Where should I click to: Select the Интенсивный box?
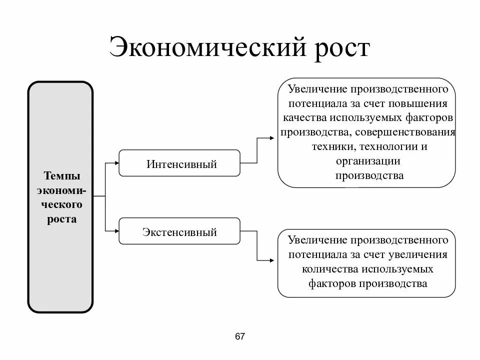pyautogui.click(x=179, y=163)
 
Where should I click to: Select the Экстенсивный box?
pyautogui.click(x=179, y=231)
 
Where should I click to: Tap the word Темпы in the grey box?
pyautogui.click(x=62, y=176)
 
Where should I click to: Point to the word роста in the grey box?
pyautogui.click(x=62, y=219)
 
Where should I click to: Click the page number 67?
pyautogui.click(x=240, y=336)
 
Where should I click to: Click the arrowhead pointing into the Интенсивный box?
pyautogui.click(x=116, y=162)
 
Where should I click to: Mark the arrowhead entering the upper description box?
pyautogui.click(x=273, y=136)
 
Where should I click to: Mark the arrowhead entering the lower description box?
pyautogui.click(x=273, y=260)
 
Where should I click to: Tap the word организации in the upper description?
pyautogui.click(x=368, y=161)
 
